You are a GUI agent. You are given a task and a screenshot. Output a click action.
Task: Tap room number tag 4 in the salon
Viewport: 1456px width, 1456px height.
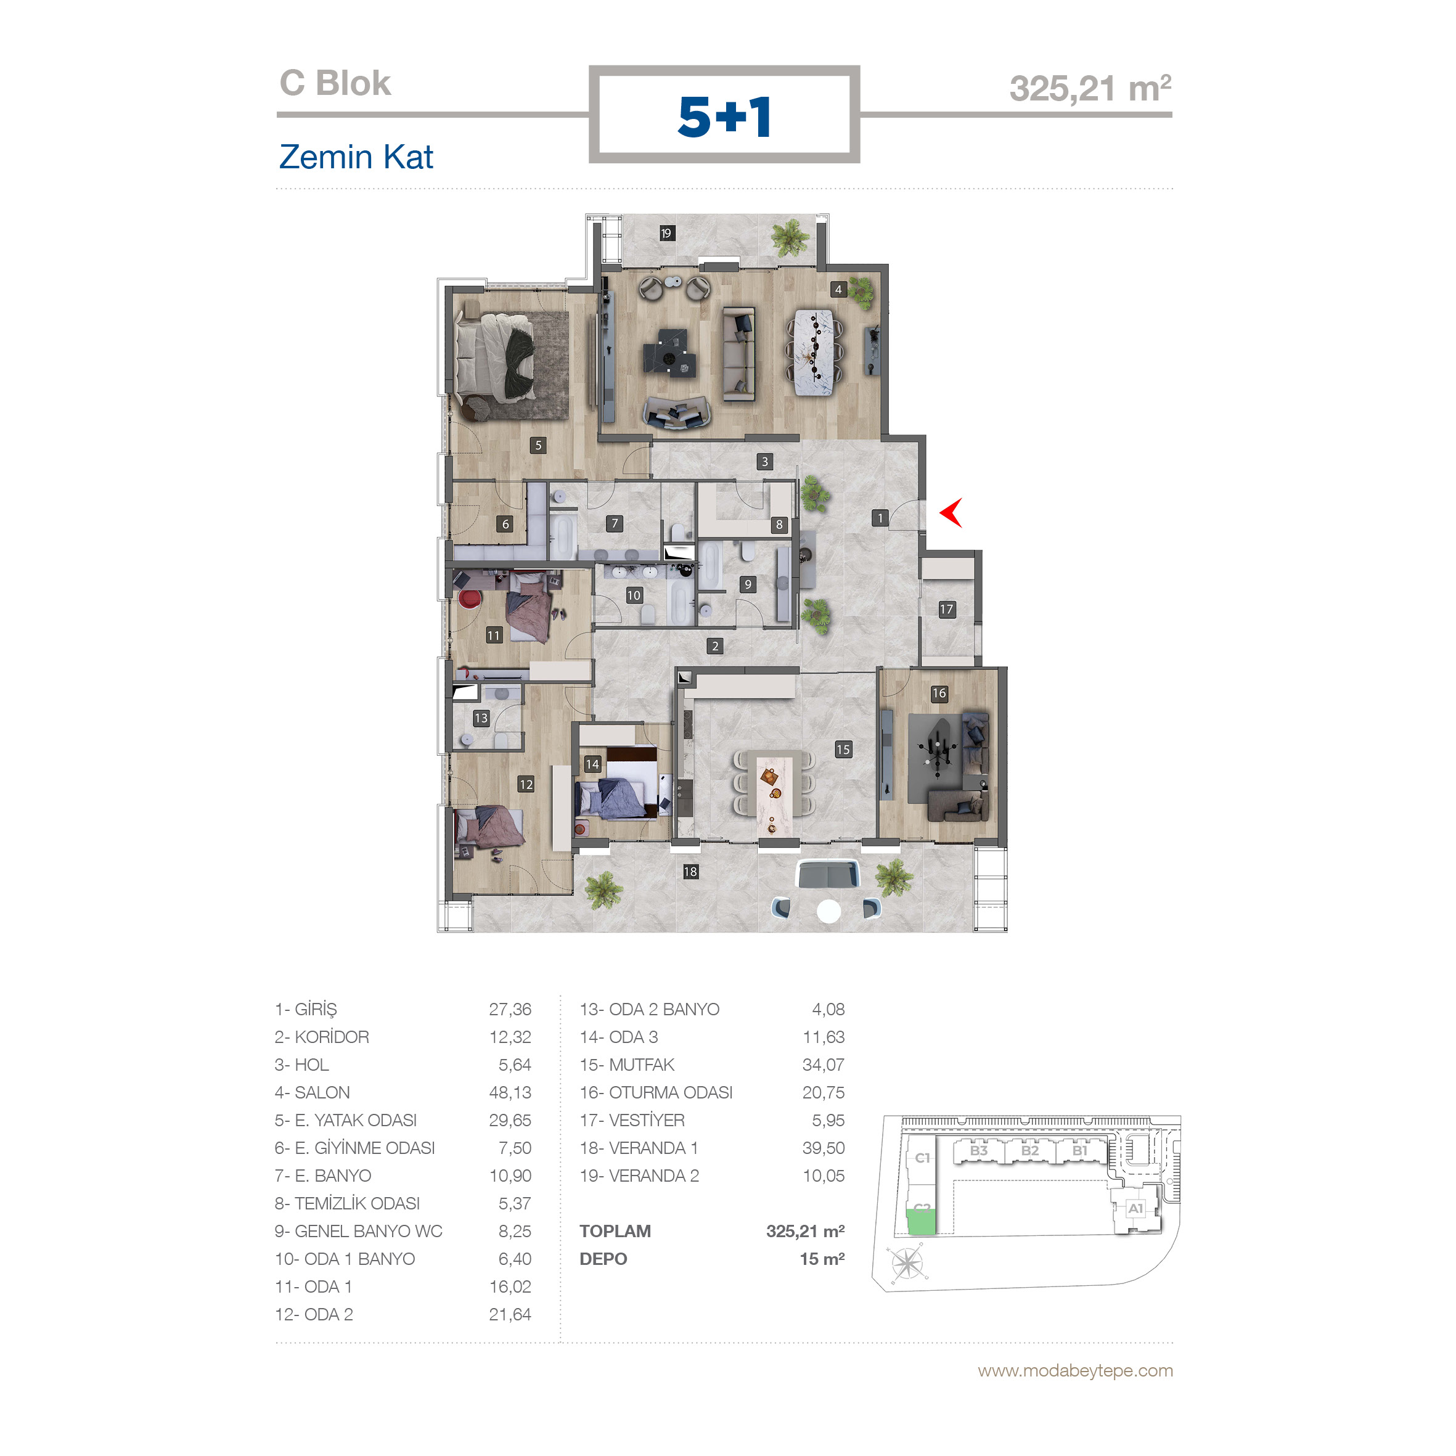click(x=838, y=289)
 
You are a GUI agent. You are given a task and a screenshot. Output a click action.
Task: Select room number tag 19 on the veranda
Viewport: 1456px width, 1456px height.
click(x=666, y=234)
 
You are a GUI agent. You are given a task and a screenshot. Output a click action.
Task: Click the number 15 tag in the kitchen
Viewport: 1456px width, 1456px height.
click(x=843, y=749)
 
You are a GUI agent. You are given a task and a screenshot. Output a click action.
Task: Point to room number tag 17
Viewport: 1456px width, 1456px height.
click(x=947, y=609)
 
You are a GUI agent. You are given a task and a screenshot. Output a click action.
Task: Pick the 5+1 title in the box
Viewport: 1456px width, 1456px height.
click(x=724, y=117)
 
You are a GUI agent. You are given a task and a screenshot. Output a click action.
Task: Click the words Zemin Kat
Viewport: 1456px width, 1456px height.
click(x=356, y=157)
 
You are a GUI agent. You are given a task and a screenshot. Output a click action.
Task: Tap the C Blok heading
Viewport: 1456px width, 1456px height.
click(x=335, y=83)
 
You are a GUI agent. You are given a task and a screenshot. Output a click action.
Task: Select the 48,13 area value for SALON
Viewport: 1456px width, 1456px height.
click(x=510, y=1093)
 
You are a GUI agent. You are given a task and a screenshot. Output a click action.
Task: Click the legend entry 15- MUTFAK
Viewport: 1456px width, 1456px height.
click(x=627, y=1065)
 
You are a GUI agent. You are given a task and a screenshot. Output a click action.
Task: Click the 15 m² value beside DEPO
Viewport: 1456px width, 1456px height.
click(x=822, y=1259)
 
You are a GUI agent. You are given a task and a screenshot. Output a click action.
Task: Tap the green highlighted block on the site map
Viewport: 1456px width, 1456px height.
click(x=921, y=1221)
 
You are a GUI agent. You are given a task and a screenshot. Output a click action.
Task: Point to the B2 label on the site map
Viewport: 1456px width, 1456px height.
click(x=1029, y=1151)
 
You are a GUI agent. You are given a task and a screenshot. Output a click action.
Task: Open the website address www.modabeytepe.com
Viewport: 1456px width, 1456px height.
click(x=1076, y=1371)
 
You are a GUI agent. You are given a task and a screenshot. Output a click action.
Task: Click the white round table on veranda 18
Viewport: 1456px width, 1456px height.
click(x=829, y=911)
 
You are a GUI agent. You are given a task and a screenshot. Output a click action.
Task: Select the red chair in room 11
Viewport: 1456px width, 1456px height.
click(x=470, y=599)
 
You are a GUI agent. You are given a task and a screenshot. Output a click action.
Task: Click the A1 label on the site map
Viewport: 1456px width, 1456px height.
click(x=1135, y=1209)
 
